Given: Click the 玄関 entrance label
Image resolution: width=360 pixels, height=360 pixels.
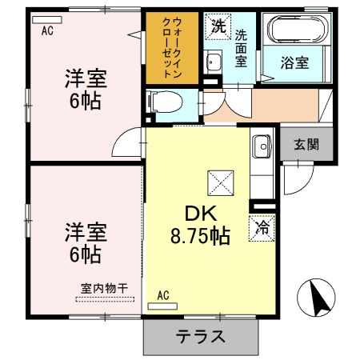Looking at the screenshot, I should [x=306, y=145].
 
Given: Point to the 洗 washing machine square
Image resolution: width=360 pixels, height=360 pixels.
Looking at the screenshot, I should [x=218, y=26].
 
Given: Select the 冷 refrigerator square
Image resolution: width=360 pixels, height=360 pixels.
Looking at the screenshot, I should [x=262, y=227].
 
